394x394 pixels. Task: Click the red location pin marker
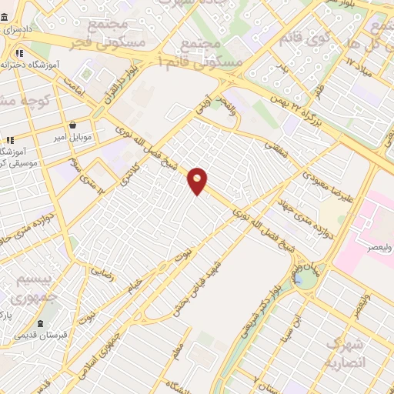tap(198, 181)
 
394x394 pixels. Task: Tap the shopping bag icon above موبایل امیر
tap(72, 125)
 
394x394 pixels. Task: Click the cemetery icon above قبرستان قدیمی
tap(40, 324)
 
